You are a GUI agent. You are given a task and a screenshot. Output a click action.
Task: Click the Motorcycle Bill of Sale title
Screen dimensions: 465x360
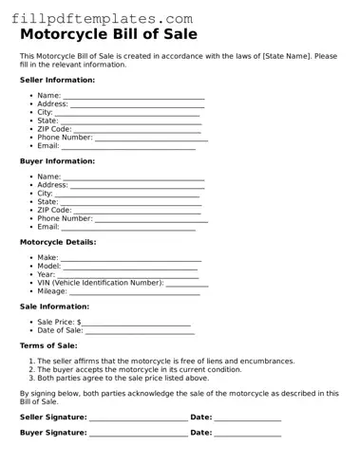[108, 34]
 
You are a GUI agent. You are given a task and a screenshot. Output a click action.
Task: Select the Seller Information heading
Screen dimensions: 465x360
[57, 81]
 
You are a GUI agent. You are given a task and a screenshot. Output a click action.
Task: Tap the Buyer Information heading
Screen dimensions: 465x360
[57, 161]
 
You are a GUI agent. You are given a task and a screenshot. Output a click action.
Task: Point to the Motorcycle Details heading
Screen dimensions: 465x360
[58, 242]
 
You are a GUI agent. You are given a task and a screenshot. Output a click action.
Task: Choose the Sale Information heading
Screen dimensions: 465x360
[55, 307]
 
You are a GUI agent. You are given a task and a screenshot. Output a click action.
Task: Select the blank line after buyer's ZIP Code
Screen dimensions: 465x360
[137, 211]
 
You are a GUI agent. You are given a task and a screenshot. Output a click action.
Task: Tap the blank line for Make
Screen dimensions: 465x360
[131, 259]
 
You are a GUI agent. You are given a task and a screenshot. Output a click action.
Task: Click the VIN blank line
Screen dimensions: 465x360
[187, 284]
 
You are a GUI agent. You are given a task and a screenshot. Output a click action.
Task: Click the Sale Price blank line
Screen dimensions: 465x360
[137, 324]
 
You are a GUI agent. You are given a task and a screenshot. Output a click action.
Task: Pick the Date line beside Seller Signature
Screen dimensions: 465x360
[248, 418]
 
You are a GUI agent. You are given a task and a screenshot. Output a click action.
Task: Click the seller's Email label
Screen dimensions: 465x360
[47, 146]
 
